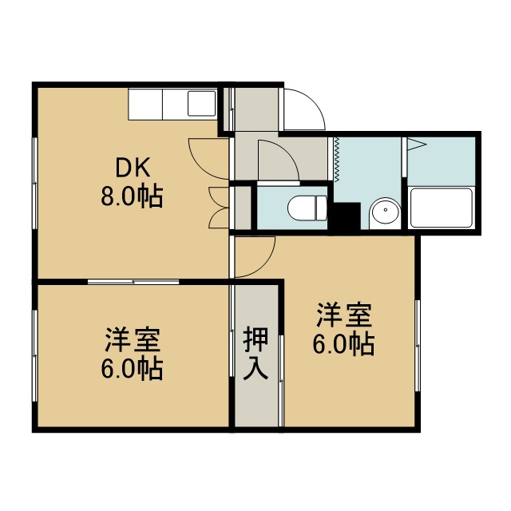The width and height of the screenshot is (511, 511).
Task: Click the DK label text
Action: (x=133, y=168)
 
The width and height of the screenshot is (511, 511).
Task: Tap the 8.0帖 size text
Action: (x=132, y=196)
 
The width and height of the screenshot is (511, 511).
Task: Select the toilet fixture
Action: (x=307, y=208)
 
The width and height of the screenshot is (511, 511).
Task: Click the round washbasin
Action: (x=386, y=210)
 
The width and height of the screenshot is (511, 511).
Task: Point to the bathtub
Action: (x=442, y=208)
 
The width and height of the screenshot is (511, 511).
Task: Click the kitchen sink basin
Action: (x=201, y=103)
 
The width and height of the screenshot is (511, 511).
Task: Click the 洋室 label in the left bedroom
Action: (x=133, y=339)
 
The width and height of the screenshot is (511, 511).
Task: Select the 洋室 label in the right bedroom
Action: (x=344, y=315)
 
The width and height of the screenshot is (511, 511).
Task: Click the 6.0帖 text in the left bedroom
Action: (x=132, y=369)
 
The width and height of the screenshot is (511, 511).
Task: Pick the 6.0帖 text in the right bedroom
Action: (x=344, y=344)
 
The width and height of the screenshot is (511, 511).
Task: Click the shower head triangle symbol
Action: (x=416, y=145)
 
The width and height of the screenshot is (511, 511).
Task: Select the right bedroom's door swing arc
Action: (x=264, y=264)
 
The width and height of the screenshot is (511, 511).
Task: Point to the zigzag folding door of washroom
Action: (x=337, y=159)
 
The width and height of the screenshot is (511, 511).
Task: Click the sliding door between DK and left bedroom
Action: (x=133, y=282)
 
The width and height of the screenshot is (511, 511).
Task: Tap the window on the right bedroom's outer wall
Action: (x=418, y=346)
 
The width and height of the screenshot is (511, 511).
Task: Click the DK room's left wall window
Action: (x=35, y=183)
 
